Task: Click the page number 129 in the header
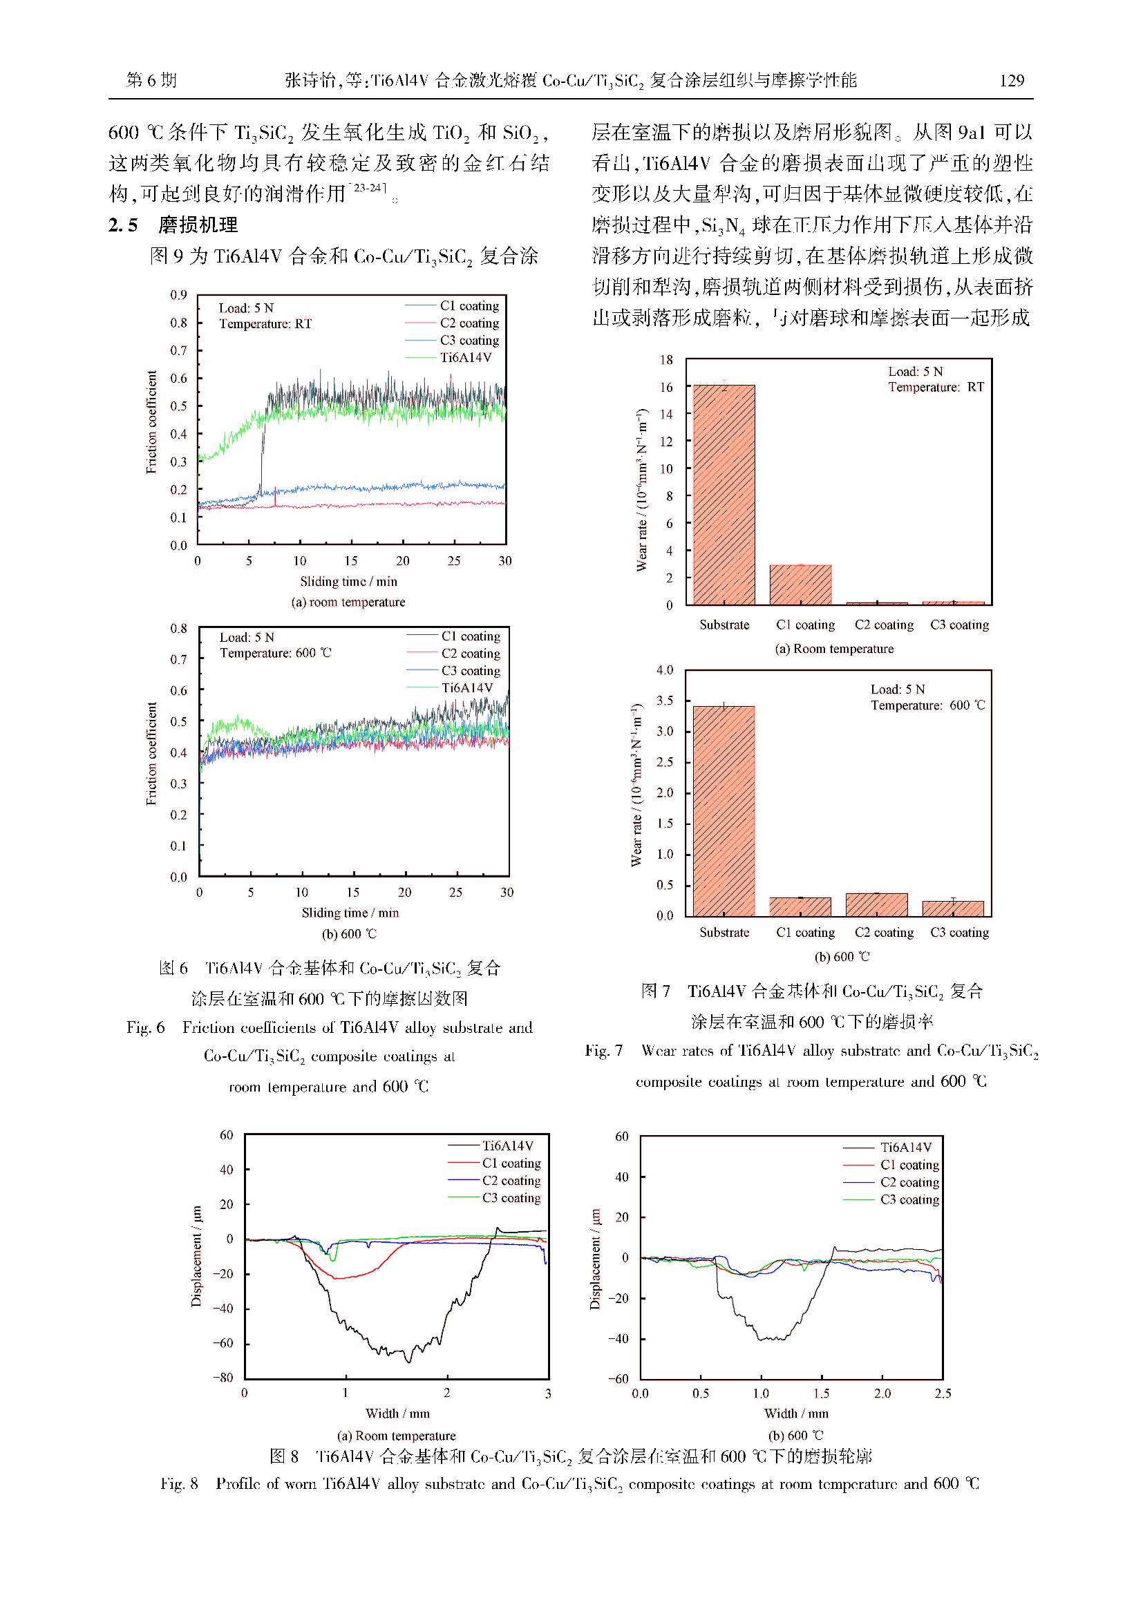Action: [x=1012, y=81]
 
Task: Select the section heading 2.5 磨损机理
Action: [x=173, y=225]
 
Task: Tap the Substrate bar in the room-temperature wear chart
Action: [x=724, y=494]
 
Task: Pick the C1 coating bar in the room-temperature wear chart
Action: [x=800, y=584]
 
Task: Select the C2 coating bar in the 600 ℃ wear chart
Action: [x=876, y=904]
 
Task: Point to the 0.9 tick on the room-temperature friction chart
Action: [x=179, y=295]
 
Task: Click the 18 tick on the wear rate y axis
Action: [x=665, y=360]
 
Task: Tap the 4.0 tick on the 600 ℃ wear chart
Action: [x=664, y=670]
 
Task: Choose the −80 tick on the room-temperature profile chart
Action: [x=223, y=1378]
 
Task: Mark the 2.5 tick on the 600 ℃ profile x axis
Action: [x=943, y=1393]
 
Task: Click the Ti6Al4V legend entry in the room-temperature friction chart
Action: [x=465, y=358]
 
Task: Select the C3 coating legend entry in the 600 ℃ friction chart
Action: [x=470, y=671]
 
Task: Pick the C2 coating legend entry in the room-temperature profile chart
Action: [x=511, y=1180]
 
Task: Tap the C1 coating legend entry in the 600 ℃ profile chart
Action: [x=909, y=1165]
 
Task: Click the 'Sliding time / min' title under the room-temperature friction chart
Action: [x=348, y=581]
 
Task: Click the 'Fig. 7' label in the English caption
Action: [x=604, y=1051]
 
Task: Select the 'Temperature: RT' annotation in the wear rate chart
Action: [x=936, y=387]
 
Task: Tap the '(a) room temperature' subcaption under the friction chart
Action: [x=348, y=602]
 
